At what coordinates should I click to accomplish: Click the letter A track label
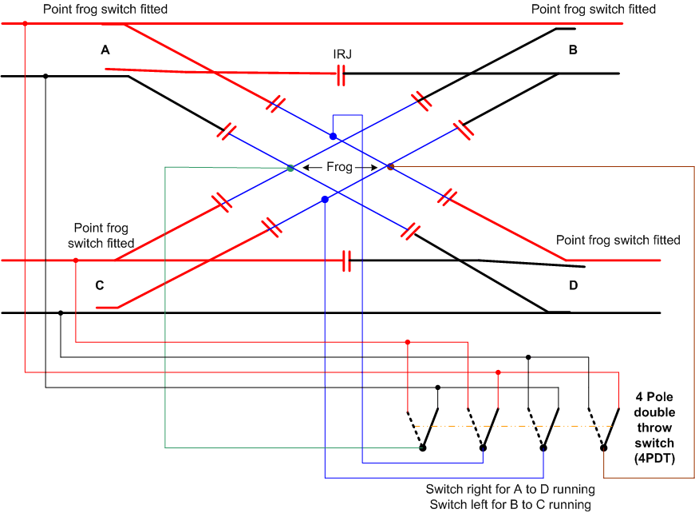point(105,50)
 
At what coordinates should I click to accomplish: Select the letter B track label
point(572,50)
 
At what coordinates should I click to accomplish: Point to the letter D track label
point(572,285)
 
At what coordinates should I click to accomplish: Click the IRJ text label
point(342,54)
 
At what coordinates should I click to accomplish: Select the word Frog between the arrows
point(340,168)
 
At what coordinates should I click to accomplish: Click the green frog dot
point(290,168)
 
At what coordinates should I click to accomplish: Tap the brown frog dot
point(390,167)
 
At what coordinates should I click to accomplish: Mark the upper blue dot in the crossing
point(333,137)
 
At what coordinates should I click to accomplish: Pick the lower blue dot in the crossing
point(324,199)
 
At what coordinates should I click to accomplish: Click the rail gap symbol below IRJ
point(341,76)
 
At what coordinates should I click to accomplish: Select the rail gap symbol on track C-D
point(346,260)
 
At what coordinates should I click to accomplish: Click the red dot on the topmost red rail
point(25,23)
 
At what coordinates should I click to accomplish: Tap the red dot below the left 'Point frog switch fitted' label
point(76,260)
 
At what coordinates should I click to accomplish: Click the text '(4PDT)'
point(654,457)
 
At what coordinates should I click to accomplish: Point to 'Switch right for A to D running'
point(510,489)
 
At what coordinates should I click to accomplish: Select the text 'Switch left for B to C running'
point(510,504)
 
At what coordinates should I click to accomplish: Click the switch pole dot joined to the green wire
point(423,448)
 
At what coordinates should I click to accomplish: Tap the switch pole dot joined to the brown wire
point(602,448)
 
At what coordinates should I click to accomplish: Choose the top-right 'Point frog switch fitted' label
point(593,10)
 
